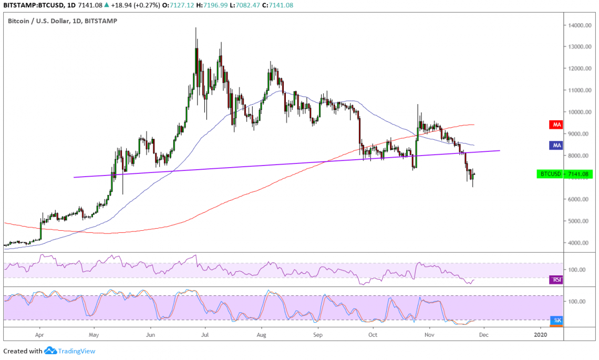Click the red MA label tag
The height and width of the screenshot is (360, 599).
point(556,125)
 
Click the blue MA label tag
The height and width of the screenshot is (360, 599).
point(556,145)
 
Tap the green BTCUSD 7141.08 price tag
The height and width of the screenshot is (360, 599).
point(564,173)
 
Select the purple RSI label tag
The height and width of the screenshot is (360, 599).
point(556,280)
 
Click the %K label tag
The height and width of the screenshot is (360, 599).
point(556,320)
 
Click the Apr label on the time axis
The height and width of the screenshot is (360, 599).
point(39,334)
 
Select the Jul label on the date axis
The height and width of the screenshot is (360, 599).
point(205,334)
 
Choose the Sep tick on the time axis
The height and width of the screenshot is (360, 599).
point(317,334)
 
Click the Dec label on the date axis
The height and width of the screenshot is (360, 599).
point(484,334)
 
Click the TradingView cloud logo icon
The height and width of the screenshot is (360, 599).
point(50,351)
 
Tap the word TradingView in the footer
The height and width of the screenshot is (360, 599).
point(77,351)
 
